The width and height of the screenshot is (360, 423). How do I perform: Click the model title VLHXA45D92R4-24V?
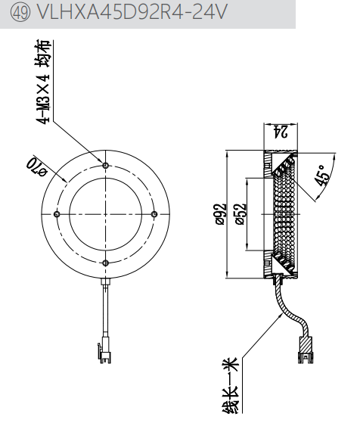click(132, 12)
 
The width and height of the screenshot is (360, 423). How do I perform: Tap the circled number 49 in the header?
click(20, 12)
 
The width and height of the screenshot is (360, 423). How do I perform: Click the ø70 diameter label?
click(36, 166)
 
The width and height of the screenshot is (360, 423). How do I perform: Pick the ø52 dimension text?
click(241, 214)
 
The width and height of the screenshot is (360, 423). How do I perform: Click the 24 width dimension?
click(281, 132)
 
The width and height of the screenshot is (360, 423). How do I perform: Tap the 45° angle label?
click(322, 176)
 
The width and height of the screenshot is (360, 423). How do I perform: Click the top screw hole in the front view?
click(106, 165)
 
